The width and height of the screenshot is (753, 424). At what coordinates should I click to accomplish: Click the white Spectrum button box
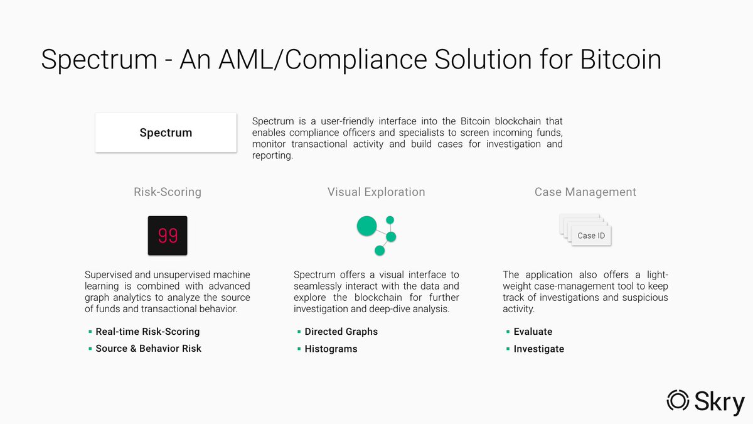click(166, 133)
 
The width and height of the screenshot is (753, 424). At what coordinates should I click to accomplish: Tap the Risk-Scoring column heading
click(168, 192)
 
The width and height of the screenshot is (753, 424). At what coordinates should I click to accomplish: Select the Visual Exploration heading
click(376, 192)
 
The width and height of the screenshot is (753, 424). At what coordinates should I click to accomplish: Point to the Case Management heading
click(585, 192)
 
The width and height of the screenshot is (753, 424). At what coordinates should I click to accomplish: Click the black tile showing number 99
click(168, 236)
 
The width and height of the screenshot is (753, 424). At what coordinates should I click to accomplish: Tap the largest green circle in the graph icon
click(366, 226)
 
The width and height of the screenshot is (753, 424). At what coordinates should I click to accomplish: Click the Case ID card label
click(590, 236)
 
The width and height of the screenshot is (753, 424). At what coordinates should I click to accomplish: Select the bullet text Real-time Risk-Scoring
click(147, 332)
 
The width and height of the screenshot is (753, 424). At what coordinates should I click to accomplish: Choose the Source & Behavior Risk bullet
click(148, 349)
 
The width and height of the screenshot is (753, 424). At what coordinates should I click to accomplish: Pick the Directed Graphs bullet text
click(341, 332)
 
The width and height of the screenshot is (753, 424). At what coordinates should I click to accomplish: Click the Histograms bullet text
click(331, 349)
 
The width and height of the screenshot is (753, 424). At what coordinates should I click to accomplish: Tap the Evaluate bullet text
click(533, 332)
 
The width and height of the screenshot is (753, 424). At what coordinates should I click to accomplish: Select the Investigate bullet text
click(538, 349)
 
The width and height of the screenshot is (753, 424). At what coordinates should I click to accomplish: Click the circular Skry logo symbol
click(678, 400)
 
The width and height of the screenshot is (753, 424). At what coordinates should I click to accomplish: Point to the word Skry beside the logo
click(720, 402)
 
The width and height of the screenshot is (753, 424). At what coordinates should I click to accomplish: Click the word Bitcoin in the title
click(621, 60)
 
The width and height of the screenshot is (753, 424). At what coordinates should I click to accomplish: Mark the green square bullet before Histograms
click(299, 349)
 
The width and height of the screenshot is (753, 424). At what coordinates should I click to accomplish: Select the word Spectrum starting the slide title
click(99, 60)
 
